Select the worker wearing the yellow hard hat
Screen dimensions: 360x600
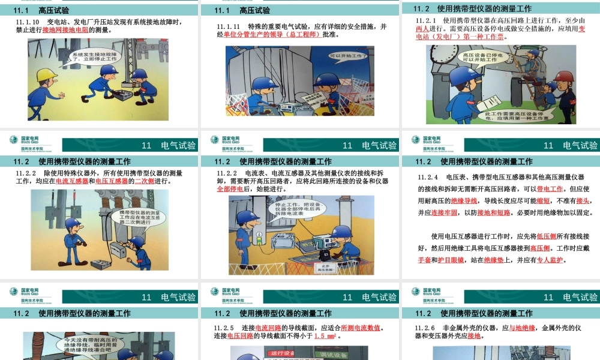point(46,84)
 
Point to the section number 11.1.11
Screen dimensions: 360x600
point(229,27)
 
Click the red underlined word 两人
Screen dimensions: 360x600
point(424,28)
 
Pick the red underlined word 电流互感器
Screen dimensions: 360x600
point(72,181)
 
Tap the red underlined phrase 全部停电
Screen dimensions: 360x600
point(230,189)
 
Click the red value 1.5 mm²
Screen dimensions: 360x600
point(327,336)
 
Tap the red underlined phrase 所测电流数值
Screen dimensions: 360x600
point(361,328)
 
